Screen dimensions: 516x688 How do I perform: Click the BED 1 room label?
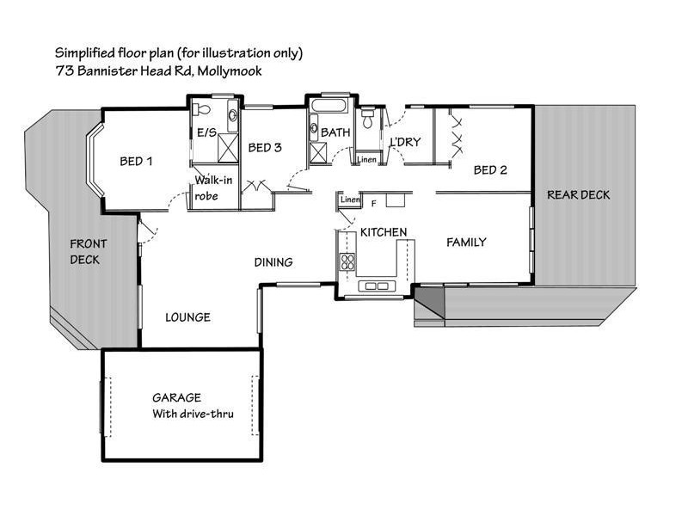click(136, 161)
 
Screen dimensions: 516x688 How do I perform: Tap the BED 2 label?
click(490, 170)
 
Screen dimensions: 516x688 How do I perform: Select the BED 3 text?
click(265, 148)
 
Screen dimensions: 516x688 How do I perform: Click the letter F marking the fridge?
click(373, 204)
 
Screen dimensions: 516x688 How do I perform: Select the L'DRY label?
click(405, 142)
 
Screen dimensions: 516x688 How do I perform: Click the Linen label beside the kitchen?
click(349, 200)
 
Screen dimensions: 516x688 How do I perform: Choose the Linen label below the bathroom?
click(366, 160)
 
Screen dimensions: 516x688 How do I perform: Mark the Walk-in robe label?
click(212, 187)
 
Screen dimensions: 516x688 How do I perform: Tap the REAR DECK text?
click(579, 195)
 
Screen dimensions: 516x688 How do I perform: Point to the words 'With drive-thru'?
click(193, 414)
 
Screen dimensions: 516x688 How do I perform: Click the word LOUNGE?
click(187, 317)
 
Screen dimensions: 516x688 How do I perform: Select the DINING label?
click(273, 262)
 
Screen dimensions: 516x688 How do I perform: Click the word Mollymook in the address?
click(230, 71)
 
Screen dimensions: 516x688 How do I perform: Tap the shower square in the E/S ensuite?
click(228, 145)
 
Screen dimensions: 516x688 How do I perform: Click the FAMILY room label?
click(466, 243)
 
